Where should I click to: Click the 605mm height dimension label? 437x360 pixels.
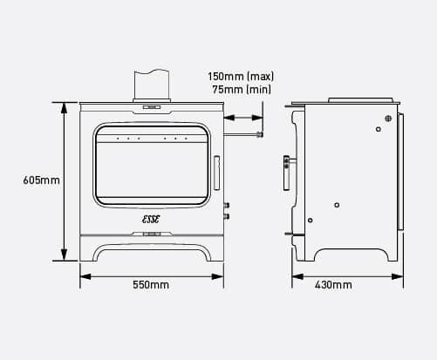[x=41, y=180]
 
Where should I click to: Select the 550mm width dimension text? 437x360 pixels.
[x=151, y=285]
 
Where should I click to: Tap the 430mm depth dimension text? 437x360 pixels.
[x=333, y=285]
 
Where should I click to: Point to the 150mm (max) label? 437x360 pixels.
[x=240, y=75]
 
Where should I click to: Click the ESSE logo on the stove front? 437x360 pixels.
[x=153, y=221]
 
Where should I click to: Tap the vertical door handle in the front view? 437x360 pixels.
[x=217, y=170]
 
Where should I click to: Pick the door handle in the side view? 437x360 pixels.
[x=285, y=171]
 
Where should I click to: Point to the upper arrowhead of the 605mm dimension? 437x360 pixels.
[x=62, y=106]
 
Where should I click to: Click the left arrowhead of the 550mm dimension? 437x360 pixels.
[x=84, y=277]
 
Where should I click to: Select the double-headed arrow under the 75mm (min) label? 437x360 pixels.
[x=243, y=116]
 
